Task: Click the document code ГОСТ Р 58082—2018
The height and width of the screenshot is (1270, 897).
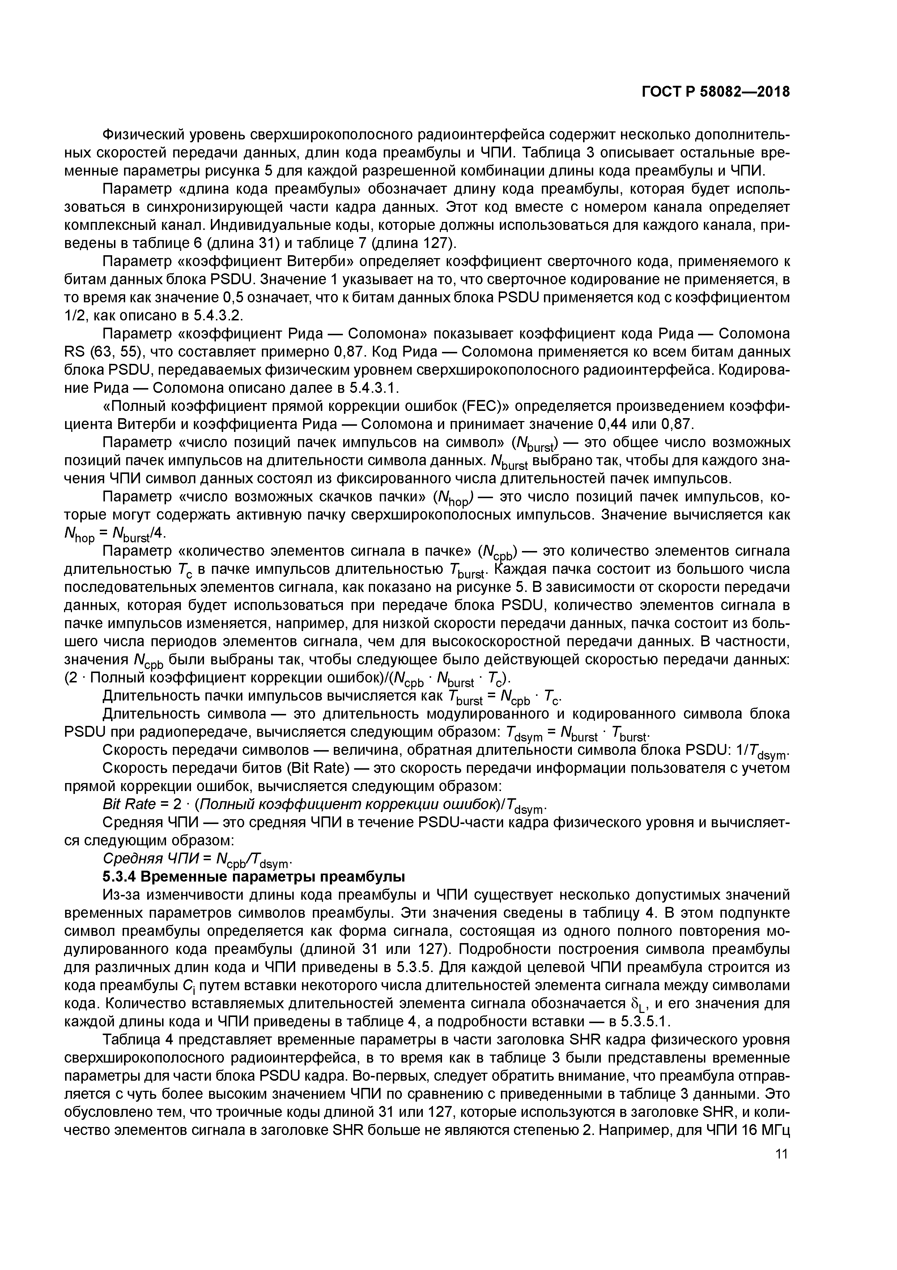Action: pyautogui.click(x=716, y=92)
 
